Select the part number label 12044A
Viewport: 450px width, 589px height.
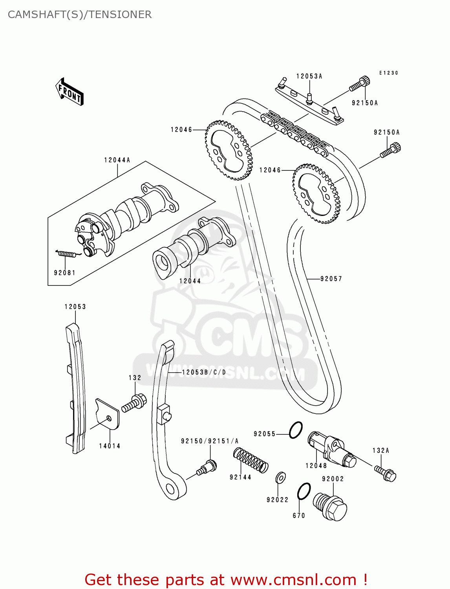(117, 160)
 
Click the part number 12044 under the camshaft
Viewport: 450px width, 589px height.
(190, 281)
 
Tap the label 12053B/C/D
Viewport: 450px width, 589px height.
(204, 372)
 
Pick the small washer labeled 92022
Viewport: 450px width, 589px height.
(280, 477)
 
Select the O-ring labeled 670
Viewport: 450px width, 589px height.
(304, 491)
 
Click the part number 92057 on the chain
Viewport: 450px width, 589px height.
(331, 279)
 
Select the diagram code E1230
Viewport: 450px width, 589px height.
(388, 73)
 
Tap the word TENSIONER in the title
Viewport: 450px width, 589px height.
(120, 15)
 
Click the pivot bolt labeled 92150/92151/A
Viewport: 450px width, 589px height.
(207, 467)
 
